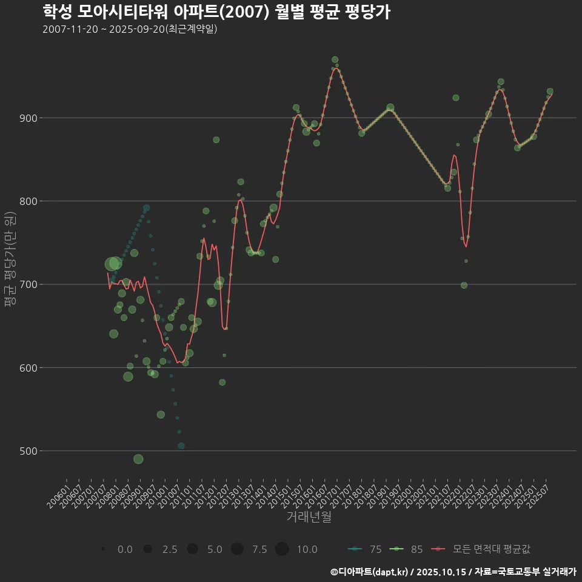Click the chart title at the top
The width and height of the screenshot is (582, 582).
click(216, 12)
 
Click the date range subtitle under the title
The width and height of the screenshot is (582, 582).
click(130, 29)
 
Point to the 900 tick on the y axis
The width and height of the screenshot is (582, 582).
click(26, 118)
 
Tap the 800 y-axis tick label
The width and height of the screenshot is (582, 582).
click(26, 201)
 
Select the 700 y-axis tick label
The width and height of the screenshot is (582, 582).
click(26, 284)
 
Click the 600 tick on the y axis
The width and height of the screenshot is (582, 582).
click(26, 368)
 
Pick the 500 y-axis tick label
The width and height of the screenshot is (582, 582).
click(26, 451)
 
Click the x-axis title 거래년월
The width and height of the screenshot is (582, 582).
click(309, 517)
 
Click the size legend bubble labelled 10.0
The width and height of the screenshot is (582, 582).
click(282, 549)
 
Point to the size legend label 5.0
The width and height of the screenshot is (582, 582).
click(215, 549)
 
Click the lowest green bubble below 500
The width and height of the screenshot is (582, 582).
click(138, 459)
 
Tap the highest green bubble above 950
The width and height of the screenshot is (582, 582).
click(335, 59)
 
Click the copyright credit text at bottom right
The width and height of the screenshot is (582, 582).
click(453, 571)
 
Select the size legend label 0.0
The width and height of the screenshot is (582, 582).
click(125, 549)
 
